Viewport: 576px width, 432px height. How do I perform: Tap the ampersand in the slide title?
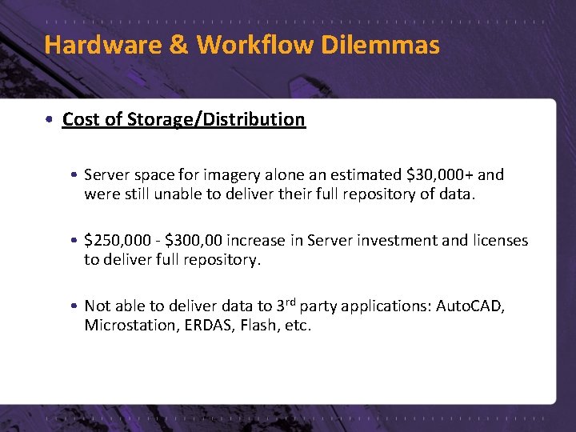click(x=178, y=45)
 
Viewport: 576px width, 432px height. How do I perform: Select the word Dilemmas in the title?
click(x=380, y=45)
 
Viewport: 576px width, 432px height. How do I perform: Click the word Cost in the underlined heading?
click(x=78, y=120)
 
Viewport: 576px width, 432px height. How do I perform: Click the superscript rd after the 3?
click(x=293, y=302)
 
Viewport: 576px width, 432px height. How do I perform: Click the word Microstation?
click(x=126, y=326)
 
